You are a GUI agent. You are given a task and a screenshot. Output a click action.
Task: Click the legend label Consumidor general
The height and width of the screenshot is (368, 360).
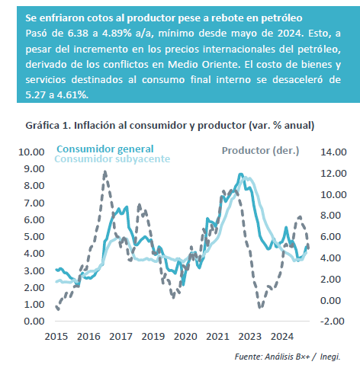105,149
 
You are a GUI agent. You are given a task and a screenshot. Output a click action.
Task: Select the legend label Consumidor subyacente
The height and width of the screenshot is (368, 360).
112,159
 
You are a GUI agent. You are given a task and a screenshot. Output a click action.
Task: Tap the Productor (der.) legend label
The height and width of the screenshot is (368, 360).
260,151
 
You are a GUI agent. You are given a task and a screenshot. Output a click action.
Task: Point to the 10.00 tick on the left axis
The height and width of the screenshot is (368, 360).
31,152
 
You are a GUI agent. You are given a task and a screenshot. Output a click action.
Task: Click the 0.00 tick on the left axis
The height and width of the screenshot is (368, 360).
34,322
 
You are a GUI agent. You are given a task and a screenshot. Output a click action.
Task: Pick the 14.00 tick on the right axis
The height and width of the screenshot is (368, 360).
333,152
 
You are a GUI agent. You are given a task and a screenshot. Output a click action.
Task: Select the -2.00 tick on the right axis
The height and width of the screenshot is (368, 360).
333,322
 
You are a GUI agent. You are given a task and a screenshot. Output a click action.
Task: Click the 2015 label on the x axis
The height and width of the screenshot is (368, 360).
56,337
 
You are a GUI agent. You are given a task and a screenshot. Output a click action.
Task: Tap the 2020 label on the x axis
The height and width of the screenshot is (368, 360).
185,337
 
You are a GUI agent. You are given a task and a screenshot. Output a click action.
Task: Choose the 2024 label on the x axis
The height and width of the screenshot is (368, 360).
282,337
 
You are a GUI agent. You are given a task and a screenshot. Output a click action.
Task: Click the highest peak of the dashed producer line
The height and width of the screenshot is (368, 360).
105,171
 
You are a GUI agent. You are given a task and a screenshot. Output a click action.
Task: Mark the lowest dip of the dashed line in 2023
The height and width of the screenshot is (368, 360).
260,308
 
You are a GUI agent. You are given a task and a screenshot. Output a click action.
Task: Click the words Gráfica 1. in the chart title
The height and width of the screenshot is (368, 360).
48,126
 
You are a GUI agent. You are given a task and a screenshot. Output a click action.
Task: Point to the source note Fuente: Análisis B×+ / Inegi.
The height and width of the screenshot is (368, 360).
288,357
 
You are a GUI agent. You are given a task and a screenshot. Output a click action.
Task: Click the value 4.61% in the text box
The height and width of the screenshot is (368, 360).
72,95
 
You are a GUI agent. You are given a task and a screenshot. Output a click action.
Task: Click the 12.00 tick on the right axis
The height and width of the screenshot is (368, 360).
333,174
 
